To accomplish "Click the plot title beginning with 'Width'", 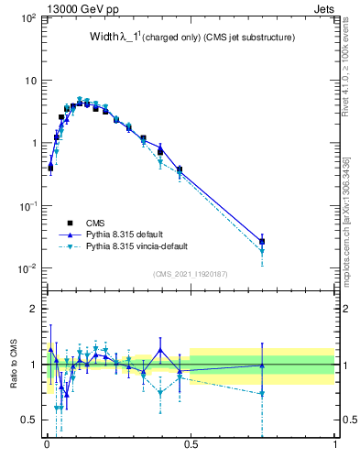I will [x=191, y=38].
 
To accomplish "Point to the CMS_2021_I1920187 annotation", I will [x=191, y=274].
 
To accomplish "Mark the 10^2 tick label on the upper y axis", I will [x=27, y=18].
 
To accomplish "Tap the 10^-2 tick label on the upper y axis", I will [x=27, y=268].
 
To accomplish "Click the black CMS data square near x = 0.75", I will [x=262, y=242].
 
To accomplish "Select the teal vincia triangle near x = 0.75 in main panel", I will [x=262, y=251].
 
